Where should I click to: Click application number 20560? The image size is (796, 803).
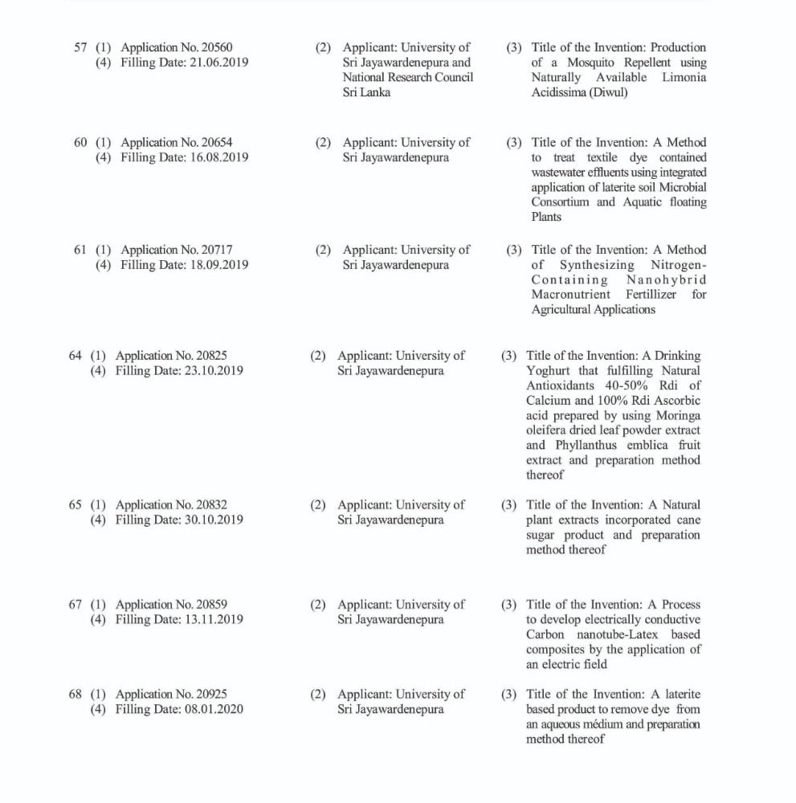click(x=215, y=47)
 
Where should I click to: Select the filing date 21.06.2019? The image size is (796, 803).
click(x=216, y=63)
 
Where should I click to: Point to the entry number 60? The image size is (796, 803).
click(x=80, y=143)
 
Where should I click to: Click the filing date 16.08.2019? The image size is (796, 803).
click(x=216, y=157)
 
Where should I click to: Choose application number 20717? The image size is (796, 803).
click(x=215, y=250)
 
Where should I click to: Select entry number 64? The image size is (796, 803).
click(x=76, y=356)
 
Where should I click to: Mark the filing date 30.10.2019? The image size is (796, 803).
click(x=211, y=520)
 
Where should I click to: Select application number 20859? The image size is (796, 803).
click(x=210, y=605)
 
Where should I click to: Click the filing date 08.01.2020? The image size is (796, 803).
click(x=211, y=709)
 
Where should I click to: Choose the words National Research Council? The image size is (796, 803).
click(x=407, y=78)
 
